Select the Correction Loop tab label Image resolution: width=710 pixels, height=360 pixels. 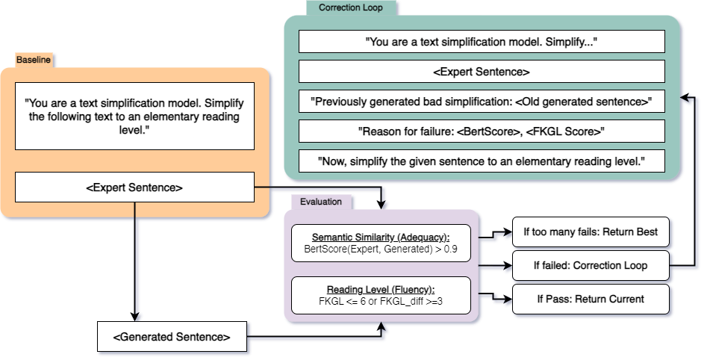point(352,7)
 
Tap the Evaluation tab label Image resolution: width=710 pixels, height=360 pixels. point(321,202)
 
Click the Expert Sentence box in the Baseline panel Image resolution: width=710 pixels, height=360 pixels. point(134,187)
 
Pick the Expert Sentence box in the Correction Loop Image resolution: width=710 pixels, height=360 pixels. point(482,72)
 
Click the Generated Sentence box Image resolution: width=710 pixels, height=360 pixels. point(172,338)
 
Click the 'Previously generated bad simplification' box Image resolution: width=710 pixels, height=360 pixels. point(482,102)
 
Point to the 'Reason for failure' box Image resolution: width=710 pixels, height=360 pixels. point(482,131)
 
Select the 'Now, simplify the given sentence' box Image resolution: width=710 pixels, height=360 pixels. point(482,161)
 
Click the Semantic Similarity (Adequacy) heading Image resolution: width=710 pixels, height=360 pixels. point(381,237)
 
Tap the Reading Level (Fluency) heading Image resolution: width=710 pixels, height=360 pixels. point(381,289)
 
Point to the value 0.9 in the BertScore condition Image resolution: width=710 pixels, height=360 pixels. point(450,248)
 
